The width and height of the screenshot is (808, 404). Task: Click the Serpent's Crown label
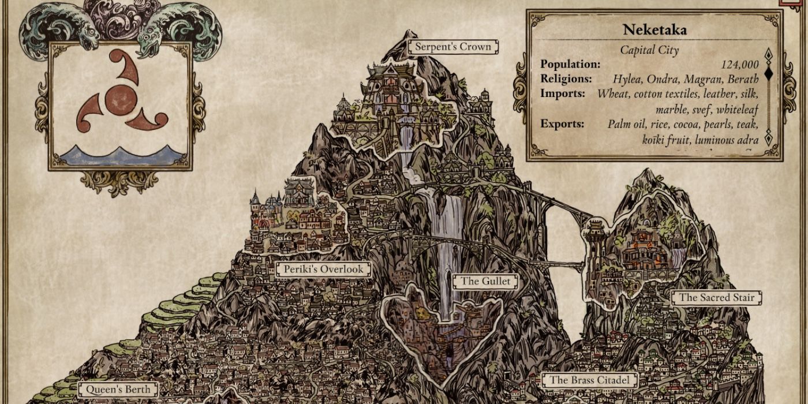(454, 47)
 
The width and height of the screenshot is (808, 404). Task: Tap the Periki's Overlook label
(323, 270)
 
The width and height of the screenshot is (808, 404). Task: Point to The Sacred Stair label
(716, 298)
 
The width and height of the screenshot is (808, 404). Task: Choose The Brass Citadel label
(589, 380)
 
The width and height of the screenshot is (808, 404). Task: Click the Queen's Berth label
(118, 390)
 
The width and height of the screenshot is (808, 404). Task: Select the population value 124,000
(739, 65)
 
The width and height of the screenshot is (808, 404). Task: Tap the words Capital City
(649, 50)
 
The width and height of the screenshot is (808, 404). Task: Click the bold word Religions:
(566, 78)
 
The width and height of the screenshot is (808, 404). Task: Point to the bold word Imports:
(563, 93)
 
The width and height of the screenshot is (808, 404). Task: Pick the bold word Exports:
(562, 124)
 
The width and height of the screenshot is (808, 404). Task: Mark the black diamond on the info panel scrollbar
(768, 73)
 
